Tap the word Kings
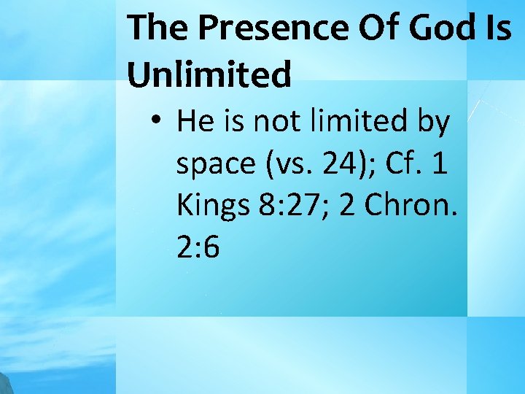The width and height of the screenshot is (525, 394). (212, 206)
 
